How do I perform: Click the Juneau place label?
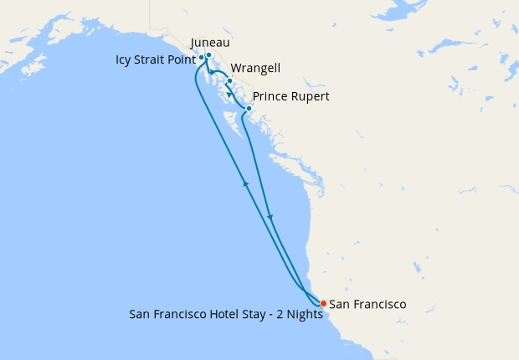click(210, 43)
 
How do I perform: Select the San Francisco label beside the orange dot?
click(367, 304)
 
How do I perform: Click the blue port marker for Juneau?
click(208, 55)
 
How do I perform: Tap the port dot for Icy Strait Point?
click(202, 59)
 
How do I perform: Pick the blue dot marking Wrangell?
click(229, 81)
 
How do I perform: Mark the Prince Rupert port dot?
click(249, 109)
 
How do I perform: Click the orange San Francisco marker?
click(323, 303)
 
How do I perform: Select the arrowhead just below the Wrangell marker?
click(229, 94)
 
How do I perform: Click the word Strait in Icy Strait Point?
click(152, 59)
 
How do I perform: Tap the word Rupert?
click(309, 96)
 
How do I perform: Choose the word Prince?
click(269, 96)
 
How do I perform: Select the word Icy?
click(124, 59)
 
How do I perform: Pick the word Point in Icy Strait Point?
click(183, 59)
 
